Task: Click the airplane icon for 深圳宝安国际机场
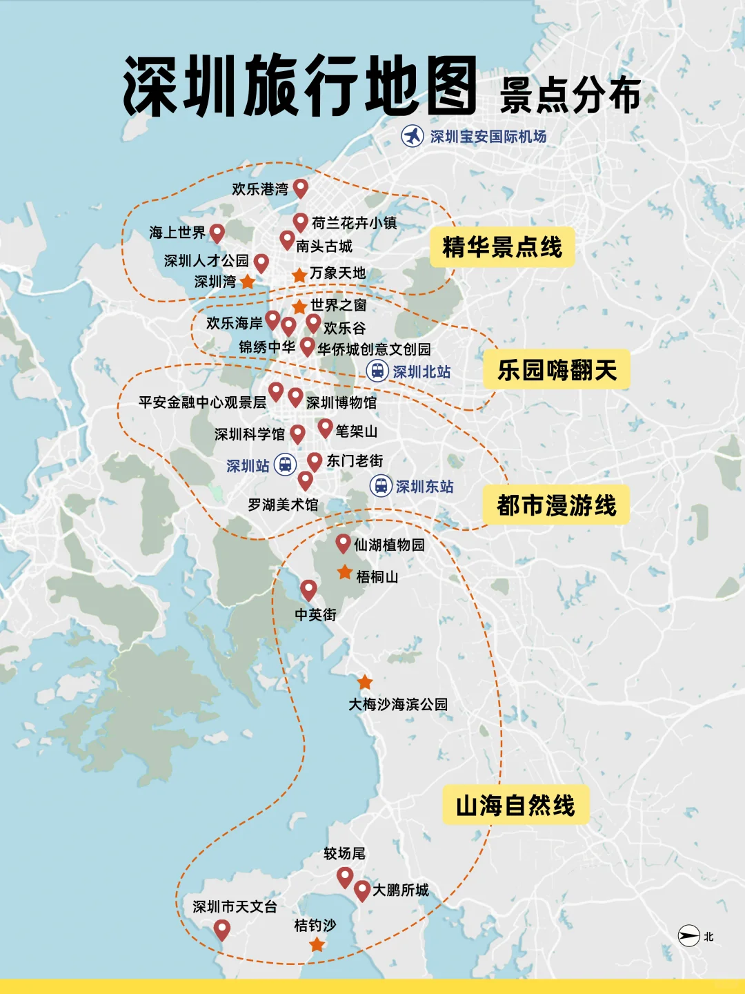click(413, 136)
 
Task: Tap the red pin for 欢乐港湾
click(300, 187)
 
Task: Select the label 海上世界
click(177, 233)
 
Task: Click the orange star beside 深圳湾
click(248, 282)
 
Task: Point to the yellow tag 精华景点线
click(501, 246)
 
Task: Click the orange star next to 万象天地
click(299, 275)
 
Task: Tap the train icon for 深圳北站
click(377, 371)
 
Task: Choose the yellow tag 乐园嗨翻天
click(556, 370)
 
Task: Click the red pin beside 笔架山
click(325, 428)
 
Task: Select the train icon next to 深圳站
click(285, 465)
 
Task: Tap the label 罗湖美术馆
click(283, 505)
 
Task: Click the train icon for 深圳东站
click(381, 485)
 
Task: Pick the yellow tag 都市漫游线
click(556, 505)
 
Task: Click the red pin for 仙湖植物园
click(343, 543)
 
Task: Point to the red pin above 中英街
click(308, 589)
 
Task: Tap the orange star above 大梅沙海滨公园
click(365, 682)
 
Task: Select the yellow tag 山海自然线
click(515, 805)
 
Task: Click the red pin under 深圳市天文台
click(221, 929)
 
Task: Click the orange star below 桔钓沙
click(317, 944)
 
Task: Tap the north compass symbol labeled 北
click(688, 936)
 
